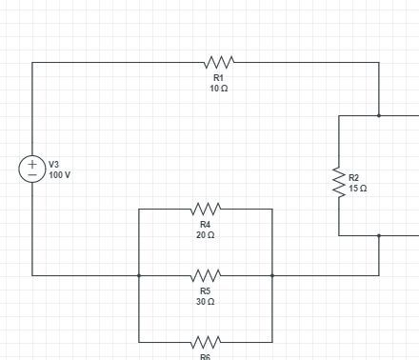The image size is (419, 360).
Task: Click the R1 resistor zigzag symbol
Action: (x=219, y=63)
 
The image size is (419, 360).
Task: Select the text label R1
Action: (x=218, y=77)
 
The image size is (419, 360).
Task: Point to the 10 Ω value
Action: (x=218, y=88)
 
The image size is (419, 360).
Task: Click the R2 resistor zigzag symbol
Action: (x=338, y=183)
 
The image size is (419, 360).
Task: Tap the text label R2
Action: (x=354, y=178)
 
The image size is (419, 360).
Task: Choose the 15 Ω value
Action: (x=358, y=189)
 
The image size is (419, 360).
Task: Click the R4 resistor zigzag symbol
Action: (x=206, y=209)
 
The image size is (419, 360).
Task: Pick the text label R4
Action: (x=205, y=224)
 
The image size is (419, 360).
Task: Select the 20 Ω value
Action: (x=205, y=234)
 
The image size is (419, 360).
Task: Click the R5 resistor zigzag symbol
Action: (x=206, y=275)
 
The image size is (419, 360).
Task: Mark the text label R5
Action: (x=205, y=290)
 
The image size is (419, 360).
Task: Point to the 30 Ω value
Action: (x=205, y=301)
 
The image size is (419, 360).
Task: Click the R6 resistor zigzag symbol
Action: (x=206, y=342)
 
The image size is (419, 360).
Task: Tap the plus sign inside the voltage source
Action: (x=32, y=164)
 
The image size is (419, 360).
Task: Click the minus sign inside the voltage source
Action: (x=32, y=175)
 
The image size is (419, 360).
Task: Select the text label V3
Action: (x=54, y=165)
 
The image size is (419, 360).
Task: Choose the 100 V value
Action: (x=60, y=175)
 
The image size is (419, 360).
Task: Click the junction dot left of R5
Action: (x=139, y=275)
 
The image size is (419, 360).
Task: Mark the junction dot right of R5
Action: (x=272, y=275)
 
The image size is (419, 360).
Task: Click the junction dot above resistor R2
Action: (x=379, y=116)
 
